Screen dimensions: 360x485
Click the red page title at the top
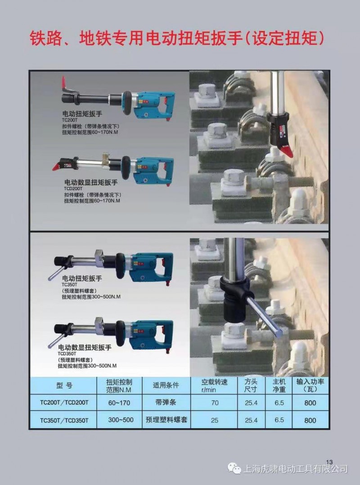pyautogui.click(x=177, y=39)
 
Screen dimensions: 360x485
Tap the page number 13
pyautogui.click(x=329, y=462)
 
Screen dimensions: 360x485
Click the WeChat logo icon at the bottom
pyautogui.click(x=234, y=468)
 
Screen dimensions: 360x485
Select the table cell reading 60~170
pyautogui.click(x=119, y=403)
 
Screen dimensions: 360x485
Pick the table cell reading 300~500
pyautogui.click(x=121, y=420)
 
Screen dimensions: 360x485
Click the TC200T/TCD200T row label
pyautogui.click(x=64, y=403)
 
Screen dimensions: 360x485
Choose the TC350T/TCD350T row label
pyautogui.click(x=64, y=420)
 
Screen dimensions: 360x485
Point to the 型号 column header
pyautogui.click(x=64, y=385)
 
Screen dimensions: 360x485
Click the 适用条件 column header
pyautogui.click(x=166, y=385)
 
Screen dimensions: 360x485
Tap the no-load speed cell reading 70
pyautogui.click(x=215, y=403)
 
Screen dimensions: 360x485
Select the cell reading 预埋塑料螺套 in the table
pyautogui.click(x=166, y=420)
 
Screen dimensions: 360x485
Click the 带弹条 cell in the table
pyautogui.click(x=166, y=403)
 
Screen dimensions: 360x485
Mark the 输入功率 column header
pyautogui.click(x=310, y=385)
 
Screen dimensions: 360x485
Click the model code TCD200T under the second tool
pyautogui.click(x=73, y=188)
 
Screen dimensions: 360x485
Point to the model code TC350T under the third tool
pyautogui.click(x=69, y=285)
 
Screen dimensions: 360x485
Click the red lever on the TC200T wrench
pyautogui.click(x=63, y=82)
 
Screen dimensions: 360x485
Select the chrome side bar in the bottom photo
pyautogui.click(x=265, y=317)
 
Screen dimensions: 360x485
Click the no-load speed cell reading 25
pyautogui.click(x=215, y=420)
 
